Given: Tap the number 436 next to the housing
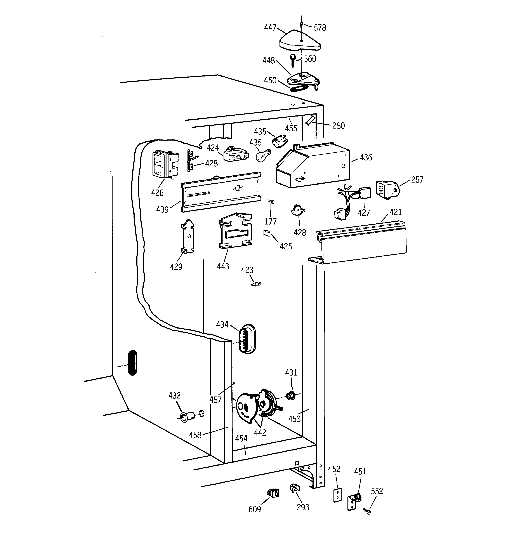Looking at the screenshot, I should (366, 157).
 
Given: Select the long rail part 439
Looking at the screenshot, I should (221, 192).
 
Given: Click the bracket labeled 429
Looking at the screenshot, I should (188, 236).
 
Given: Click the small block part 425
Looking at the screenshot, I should (266, 233).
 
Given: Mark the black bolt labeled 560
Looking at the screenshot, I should (293, 60).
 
